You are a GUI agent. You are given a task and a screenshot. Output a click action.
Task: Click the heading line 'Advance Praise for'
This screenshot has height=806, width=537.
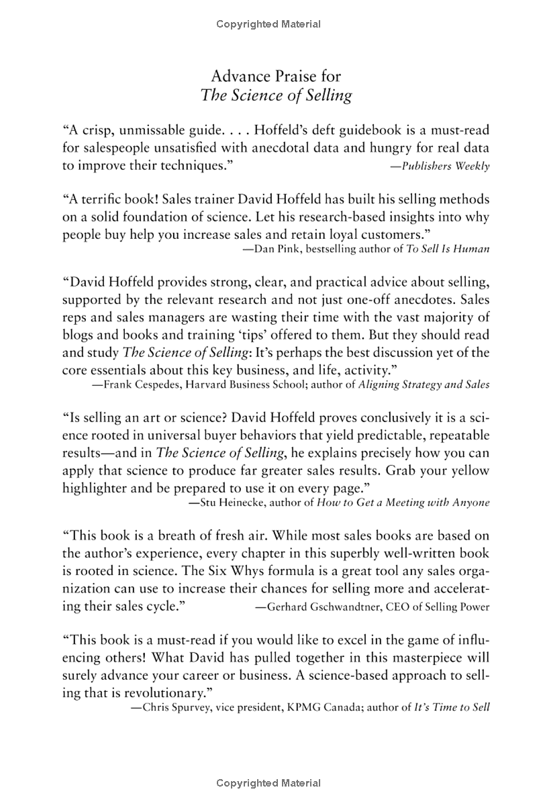point(276,74)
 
